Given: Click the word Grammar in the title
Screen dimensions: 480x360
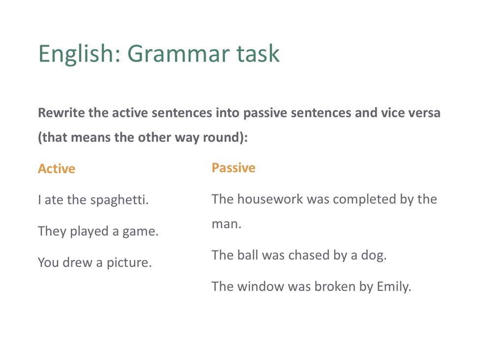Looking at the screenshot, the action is pos(179,54).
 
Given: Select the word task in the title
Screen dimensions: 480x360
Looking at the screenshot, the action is pos(258,54).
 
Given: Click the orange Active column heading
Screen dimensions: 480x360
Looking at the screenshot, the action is pos(57,169).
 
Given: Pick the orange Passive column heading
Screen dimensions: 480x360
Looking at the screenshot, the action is pos(233,168).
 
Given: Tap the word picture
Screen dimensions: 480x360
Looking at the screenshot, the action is pos(129,263).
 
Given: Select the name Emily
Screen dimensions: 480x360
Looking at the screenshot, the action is pos(394,287).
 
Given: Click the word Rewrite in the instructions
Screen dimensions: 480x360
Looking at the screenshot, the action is pos(62,113).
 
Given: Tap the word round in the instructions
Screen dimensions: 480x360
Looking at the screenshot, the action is pos(225,137).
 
